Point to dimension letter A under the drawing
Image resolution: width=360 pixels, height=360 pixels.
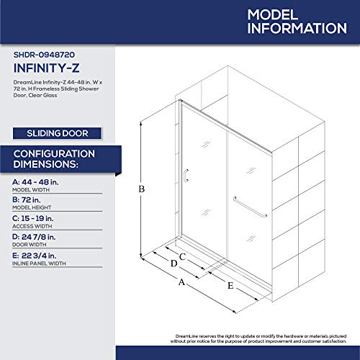pos(181,282)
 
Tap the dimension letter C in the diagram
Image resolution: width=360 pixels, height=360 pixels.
pos(183,256)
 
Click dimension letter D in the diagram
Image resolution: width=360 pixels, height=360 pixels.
pos(173,264)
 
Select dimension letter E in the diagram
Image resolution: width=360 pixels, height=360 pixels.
pos(230,285)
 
